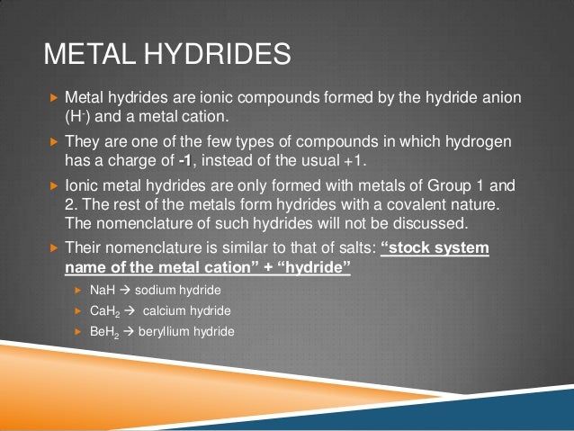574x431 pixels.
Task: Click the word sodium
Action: tap(153, 292)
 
